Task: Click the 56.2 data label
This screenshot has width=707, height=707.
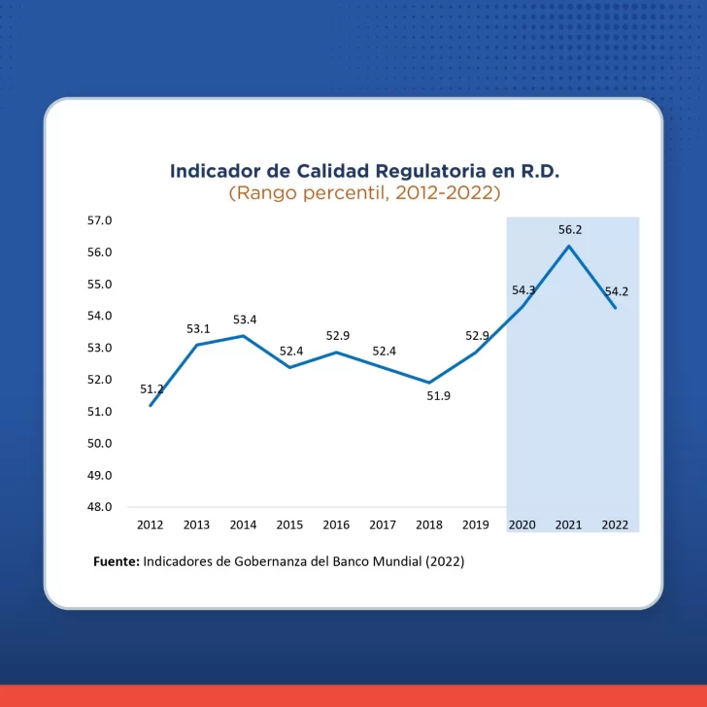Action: pos(569,230)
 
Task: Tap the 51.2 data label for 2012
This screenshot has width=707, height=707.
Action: pos(151,389)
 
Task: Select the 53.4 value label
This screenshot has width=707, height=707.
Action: pos(245,320)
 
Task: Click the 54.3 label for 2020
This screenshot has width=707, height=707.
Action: pos(523,290)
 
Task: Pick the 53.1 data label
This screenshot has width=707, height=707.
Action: pos(199,329)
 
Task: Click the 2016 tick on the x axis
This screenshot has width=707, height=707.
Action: pos(336,524)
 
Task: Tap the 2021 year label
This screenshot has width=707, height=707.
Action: pos(568,524)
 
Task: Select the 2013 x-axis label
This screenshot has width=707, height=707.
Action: pos(196,524)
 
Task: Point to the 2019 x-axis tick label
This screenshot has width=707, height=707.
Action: pos(475,524)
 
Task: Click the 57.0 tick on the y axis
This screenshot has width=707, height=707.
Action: pos(100,220)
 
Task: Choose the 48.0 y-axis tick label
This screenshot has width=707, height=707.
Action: pos(100,507)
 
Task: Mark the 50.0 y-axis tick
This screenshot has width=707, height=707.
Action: pos(100,443)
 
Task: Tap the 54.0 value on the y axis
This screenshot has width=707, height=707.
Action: pos(100,316)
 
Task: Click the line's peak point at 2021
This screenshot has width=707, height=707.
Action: pos(569,246)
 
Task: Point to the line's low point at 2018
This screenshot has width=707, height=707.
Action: pos(429,383)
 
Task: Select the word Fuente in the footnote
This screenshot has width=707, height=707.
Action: pos(116,561)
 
